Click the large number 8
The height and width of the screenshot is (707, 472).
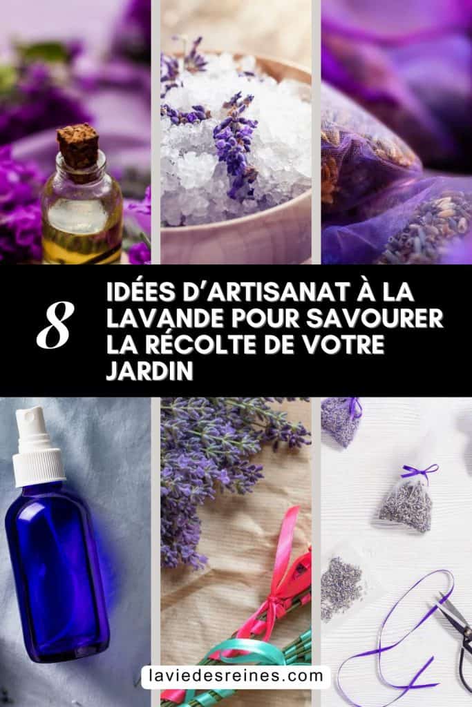pos(55,325)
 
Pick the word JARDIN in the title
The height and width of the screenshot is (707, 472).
pos(150,371)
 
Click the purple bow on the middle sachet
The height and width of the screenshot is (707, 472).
pos(419,471)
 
